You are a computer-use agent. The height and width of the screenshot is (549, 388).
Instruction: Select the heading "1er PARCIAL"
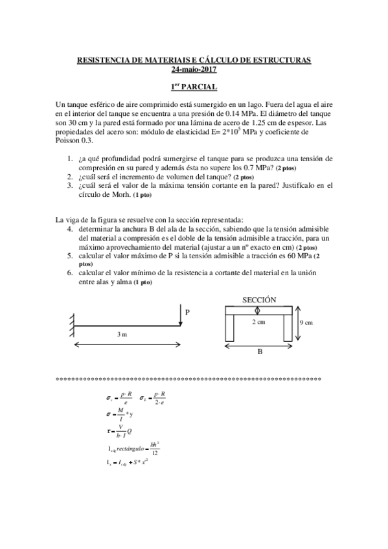[x=194, y=87]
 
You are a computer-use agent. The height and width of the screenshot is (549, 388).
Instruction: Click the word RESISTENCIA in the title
[x=102, y=60]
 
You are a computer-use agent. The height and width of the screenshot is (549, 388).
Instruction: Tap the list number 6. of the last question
[x=70, y=273]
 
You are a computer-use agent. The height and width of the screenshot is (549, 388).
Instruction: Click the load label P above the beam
[x=187, y=312]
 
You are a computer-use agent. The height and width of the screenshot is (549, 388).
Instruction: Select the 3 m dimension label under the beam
[x=122, y=334]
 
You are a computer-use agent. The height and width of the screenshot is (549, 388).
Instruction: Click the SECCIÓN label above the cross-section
[x=259, y=300]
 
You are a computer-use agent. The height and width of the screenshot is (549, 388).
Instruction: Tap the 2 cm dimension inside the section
[x=258, y=322]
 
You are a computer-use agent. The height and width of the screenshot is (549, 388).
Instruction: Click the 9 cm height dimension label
[x=306, y=322]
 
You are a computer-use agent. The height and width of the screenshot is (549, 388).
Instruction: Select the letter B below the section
[x=259, y=352]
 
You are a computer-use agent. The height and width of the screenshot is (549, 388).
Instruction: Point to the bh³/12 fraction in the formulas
[x=154, y=448]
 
